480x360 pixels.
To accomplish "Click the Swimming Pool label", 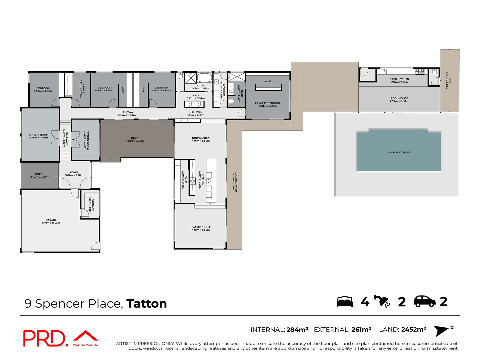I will pyautogui.click(x=399, y=152).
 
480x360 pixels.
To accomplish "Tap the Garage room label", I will pyautogui.click(x=51, y=220).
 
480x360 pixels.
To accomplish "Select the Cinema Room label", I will pyautogui.click(x=39, y=135).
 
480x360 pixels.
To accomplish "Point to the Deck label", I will pyautogui.click(x=135, y=138).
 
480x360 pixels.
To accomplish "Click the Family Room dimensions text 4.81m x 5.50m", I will pyautogui.click(x=201, y=230).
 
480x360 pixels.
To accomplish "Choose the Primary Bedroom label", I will pyautogui.click(x=268, y=103).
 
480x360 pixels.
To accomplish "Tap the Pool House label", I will pyautogui.click(x=399, y=98).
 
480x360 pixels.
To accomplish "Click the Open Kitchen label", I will pyautogui.click(x=399, y=79).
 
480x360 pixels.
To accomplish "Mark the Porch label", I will pyautogui.click(x=40, y=174).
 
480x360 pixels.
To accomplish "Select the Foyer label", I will pyautogui.click(x=74, y=172).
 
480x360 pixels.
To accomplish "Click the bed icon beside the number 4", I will pyautogui.click(x=345, y=301).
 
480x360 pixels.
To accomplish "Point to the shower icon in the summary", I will pyautogui.click(x=382, y=301).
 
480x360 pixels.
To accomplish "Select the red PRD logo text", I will pyautogui.click(x=45, y=338).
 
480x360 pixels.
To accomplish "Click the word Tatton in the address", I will pyautogui.click(x=146, y=304).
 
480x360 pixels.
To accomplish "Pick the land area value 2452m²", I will pyautogui.click(x=414, y=330).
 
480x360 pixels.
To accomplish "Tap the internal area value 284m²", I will pyautogui.click(x=297, y=330).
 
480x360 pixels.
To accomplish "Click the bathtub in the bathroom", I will pyautogui.click(x=204, y=78).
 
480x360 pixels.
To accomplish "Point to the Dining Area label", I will pyautogui.click(x=201, y=138).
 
